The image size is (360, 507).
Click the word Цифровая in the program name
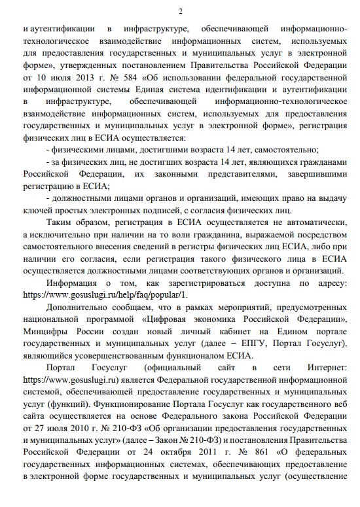[x=169, y=320]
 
